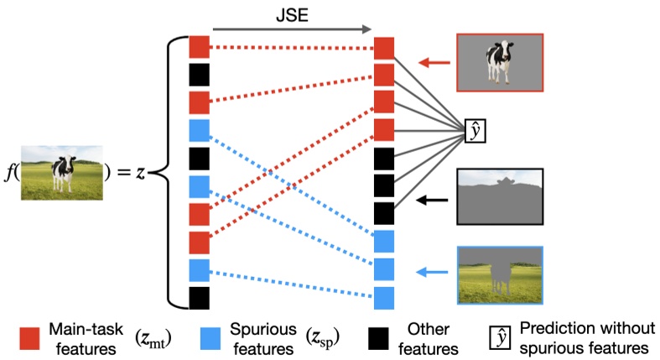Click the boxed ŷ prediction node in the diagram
pyautogui.click(x=476, y=131)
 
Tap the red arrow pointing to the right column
pyautogui.click(x=433, y=62)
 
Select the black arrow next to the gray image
pyautogui.click(x=433, y=201)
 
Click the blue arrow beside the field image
pyautogui.click(x=433, y=272)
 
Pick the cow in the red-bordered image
pyautogui.click(x=500, y=61)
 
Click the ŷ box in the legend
pyautogui.click(x=501, y=337)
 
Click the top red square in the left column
pyautogui.click(x=199, y=48)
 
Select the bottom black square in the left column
pyautogui.click(x=199, y=298)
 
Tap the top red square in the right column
pyautogui.click(x=383, y=48)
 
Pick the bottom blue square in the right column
pyautogui.click(x=383, y=298)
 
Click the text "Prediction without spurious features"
pyautogui.click(x=584, y=337)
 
